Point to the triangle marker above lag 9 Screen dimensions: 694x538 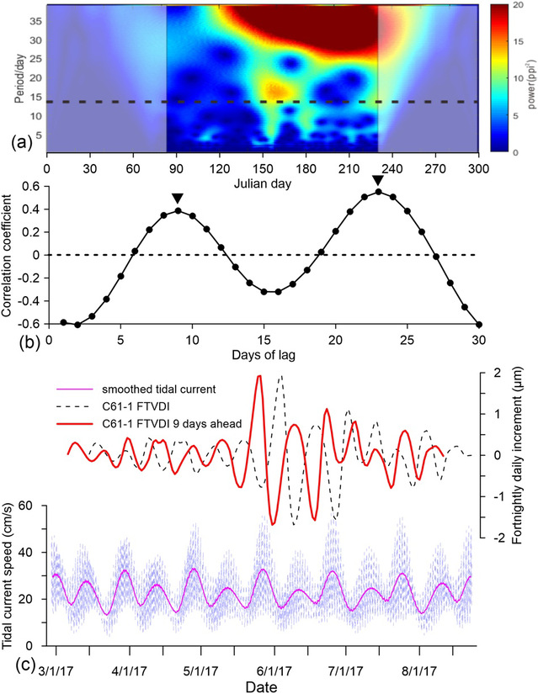(x=177, y=198)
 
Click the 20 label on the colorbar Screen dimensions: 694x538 (x=519, y=7)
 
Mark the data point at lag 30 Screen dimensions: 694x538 (x=479, y=324)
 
